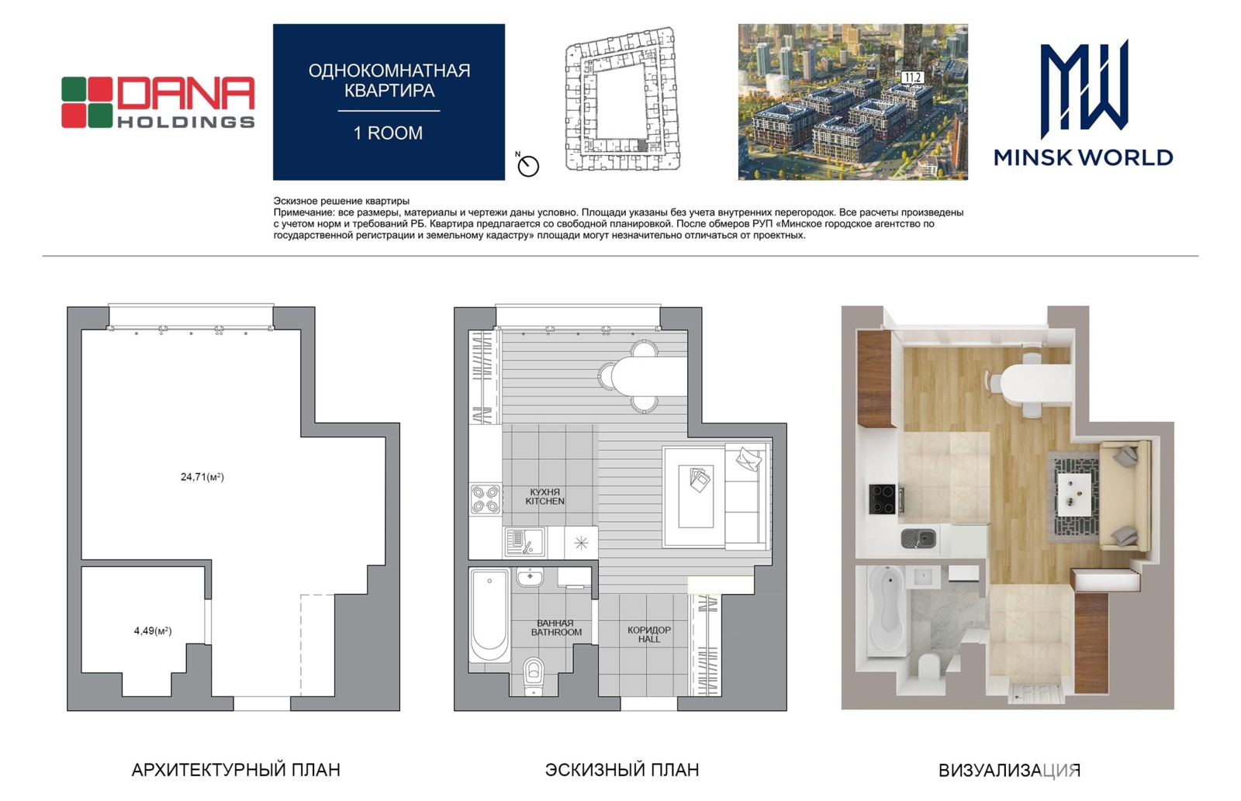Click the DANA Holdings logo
tap(158, 102)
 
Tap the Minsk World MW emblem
tap(1084, 88)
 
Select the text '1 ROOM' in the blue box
tap(389, 133)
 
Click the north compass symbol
tap(527, 165)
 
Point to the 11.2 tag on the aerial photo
tap(912, 78)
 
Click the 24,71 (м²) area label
tap(202, 477)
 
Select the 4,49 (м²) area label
tap(153, 631)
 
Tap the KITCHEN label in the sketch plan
tap(545, 502)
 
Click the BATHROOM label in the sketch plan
tap(556, 632)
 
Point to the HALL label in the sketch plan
tap(649, 639)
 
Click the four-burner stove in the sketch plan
tap(486, 499)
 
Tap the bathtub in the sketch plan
tap(489, 614)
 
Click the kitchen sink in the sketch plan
tap(524, 542)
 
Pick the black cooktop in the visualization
tap(883, 499)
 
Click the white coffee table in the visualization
tap(1074, 494)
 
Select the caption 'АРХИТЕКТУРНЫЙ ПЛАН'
tap(236, 770)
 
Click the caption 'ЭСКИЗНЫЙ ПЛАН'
tap(622, 770)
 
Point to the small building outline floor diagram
tap(622, 98)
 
